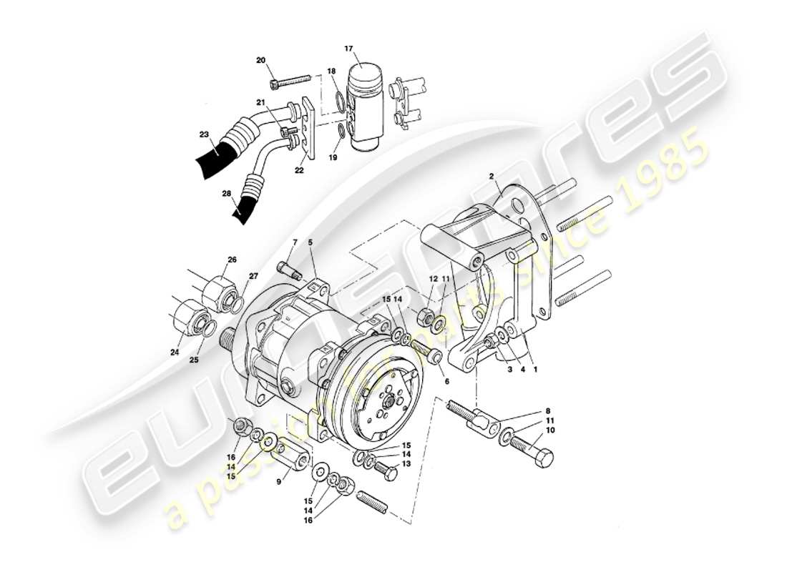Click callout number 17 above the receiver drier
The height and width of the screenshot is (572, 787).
(x=349, y=49)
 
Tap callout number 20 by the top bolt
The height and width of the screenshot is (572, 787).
(x=260, y=60)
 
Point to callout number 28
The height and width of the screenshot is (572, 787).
(x=226, y=194)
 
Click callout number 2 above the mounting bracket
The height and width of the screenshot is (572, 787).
(x=492, y=175)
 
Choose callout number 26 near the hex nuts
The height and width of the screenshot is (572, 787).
(x=232, y=260)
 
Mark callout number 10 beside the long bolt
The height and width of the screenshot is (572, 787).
(x=550, y=431)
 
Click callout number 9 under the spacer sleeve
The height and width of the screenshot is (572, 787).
(x=280, y=481)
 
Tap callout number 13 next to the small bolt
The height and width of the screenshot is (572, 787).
(x=406, y=464)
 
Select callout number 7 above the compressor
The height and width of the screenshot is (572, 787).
(x=293, y=244)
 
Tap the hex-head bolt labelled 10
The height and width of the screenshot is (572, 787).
(x=533, y=451)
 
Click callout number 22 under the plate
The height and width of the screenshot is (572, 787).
(x=298, y=170)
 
